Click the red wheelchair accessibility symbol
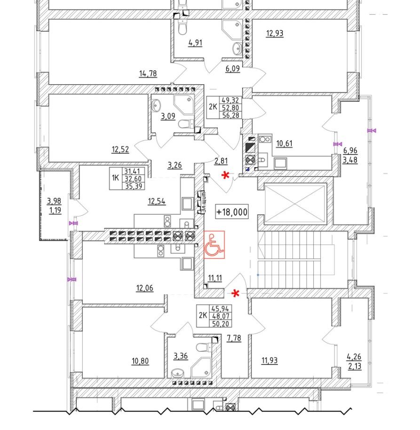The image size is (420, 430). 214,244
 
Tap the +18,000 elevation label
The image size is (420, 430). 232,212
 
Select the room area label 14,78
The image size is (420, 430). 148,73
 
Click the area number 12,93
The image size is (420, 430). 275,33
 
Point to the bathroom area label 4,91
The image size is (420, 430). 195,43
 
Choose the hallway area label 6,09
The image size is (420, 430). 233,69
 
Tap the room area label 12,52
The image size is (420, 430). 120,150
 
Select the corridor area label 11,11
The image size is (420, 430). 214,278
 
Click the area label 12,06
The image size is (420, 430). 145,288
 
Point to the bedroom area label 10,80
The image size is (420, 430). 140,361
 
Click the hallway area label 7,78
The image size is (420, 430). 234,338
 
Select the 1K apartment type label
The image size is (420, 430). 115,177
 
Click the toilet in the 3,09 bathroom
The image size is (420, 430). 187,124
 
